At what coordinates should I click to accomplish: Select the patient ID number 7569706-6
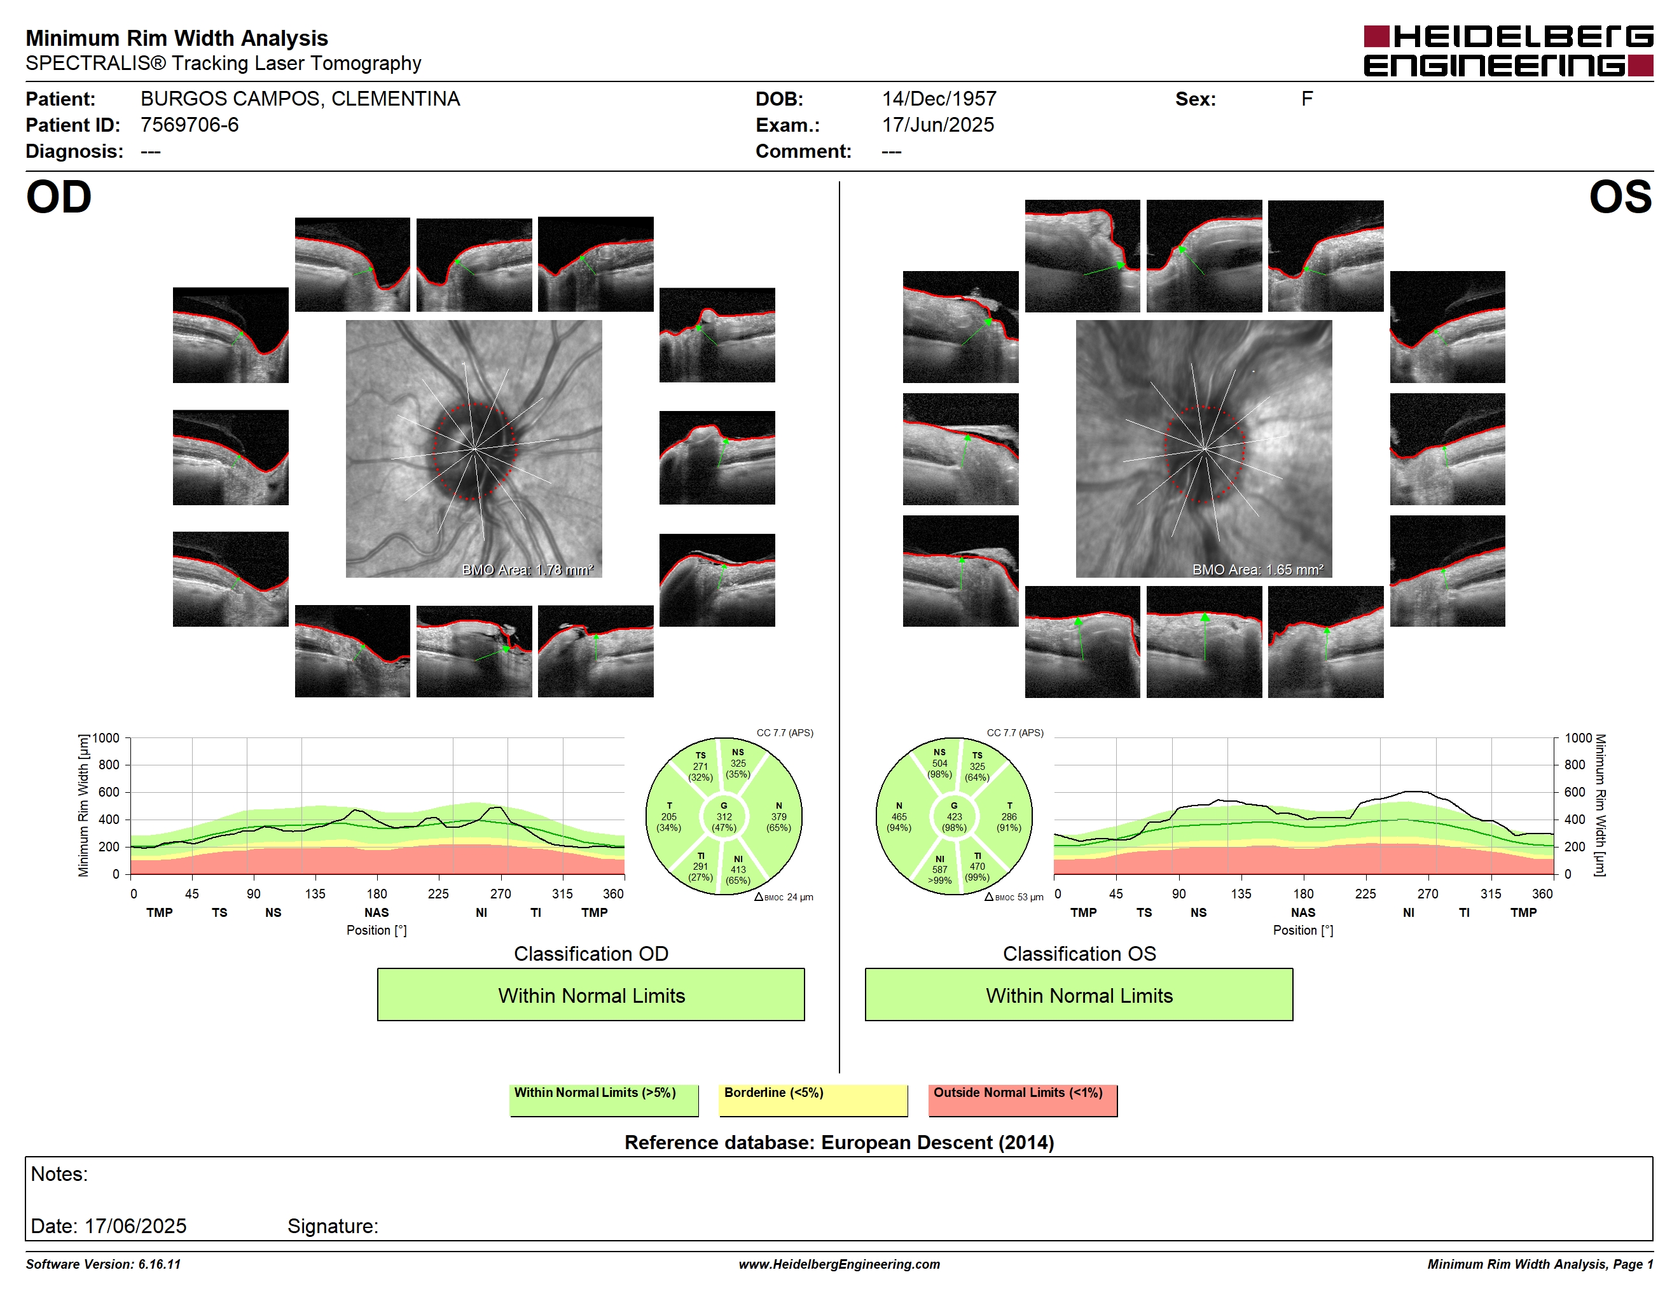189,125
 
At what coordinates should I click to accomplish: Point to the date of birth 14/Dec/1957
939,99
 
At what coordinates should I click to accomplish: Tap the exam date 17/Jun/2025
938,125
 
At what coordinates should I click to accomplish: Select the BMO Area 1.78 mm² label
527,570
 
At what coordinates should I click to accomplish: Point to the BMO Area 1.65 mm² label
1258,570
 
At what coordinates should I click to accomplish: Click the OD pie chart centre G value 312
723,816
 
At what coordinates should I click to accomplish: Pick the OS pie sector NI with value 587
939,870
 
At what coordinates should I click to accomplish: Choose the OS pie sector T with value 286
1009,816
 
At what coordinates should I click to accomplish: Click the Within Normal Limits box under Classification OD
590,995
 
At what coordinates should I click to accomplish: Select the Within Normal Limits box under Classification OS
1079,995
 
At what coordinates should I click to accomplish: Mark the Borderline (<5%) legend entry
813,1099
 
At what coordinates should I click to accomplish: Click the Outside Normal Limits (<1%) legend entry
1023,1099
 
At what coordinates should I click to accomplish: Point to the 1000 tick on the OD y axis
106,738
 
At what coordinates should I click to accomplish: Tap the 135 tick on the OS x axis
1241,893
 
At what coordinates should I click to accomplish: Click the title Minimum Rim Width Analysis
177,38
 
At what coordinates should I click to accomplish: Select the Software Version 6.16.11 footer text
103,1264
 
